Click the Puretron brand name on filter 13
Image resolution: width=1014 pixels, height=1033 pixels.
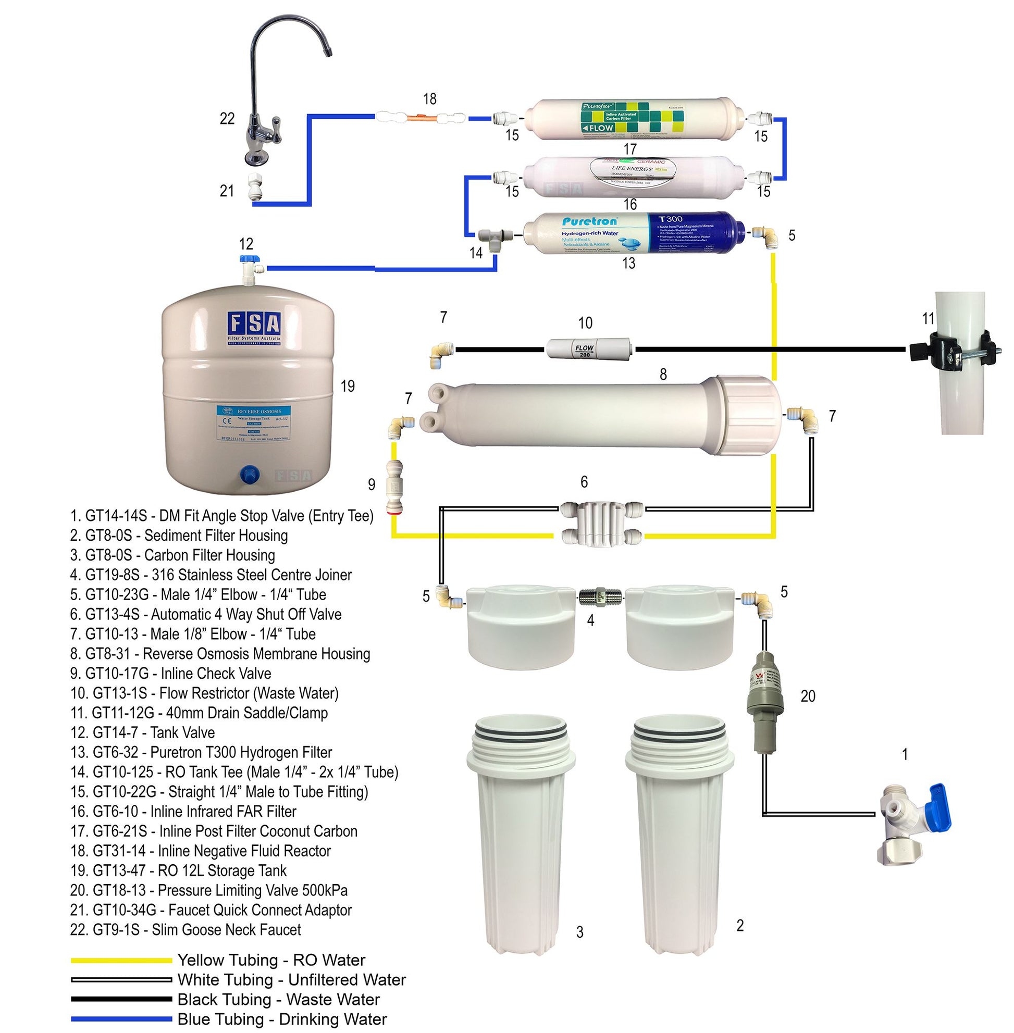589,221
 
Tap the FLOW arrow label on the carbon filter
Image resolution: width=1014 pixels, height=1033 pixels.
598,128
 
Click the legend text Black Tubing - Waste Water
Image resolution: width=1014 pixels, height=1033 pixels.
279,1000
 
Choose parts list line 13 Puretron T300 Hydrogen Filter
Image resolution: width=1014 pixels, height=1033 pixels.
201,752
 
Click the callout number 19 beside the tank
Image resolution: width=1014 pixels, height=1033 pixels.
347,386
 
